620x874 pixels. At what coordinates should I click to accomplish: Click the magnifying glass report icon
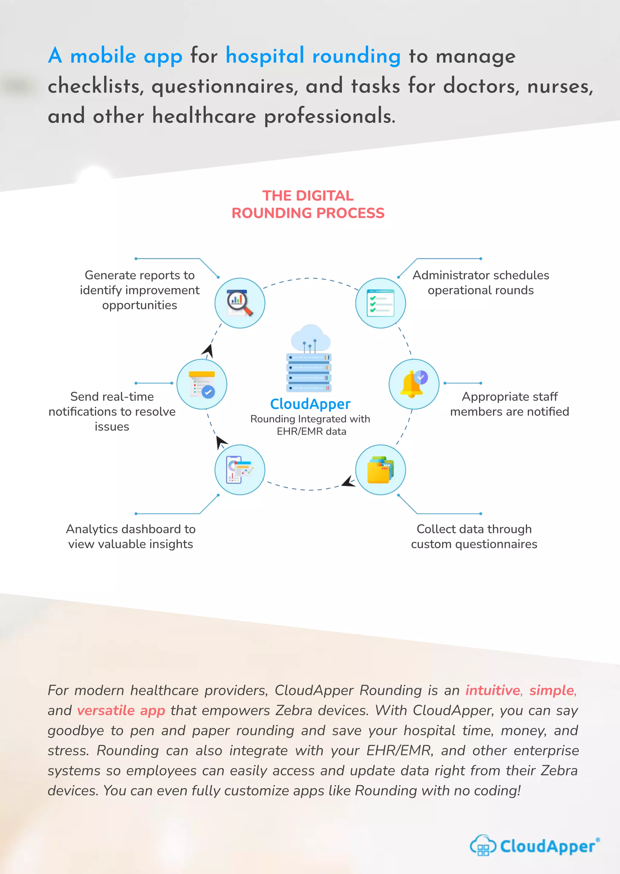coord(240,303)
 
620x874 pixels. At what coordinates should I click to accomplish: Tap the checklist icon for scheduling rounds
coord(380,303)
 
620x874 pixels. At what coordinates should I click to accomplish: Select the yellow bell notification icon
coord(414,384)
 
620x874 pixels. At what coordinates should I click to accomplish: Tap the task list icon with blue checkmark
coord(202,384)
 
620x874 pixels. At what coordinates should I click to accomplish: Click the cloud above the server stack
coord(310,338)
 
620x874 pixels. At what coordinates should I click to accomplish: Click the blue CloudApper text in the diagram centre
coord(310,404)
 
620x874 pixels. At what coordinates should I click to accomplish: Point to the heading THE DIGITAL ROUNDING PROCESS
coord(308,205)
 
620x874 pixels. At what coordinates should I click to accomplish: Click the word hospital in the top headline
coord(265,56)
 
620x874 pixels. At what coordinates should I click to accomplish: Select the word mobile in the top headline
coord(103,56)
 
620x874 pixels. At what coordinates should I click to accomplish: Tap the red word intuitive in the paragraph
coord(493,690)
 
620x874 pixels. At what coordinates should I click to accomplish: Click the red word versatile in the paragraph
coord(106,710)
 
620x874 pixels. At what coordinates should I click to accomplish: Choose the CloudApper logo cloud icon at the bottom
coord(483,845)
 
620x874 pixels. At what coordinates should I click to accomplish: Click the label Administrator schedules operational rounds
coord(481,283)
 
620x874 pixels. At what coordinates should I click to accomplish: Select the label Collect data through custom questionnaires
coord(474,536)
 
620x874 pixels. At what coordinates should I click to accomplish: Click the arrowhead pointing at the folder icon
coord(348,482)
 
